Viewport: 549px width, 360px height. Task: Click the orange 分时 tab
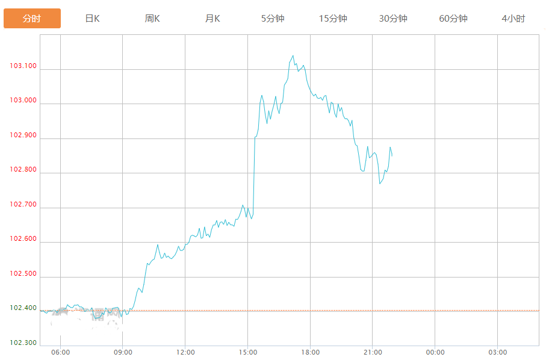point(32,19)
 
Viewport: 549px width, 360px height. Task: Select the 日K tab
point(92,19)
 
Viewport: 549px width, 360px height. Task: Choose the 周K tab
point(152,19)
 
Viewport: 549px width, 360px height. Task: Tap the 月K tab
point(212,19)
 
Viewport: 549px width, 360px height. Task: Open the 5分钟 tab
point(273,19)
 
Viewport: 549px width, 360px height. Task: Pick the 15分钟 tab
point(333,19)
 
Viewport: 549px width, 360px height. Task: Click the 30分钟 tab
point(393,19)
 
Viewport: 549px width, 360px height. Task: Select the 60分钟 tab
point(453,19)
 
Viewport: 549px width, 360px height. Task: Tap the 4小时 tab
point(513,19)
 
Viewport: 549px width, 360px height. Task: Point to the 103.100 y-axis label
point(23,66)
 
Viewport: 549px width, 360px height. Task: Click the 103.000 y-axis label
point(23,101)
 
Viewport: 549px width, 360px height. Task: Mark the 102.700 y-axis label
point(23,205)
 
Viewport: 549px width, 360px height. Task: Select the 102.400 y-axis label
point(23,308)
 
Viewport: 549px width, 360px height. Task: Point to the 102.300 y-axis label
point(23,343)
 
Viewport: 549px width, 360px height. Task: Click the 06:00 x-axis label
point(60,353)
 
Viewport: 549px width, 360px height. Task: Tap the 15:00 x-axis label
point(247,353)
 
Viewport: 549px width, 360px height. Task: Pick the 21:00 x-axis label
point(373,353)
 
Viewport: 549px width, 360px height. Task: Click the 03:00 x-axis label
point(497,353)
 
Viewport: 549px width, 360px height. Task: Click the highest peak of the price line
point(293,56)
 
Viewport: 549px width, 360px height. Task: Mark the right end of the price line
point(392,156)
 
